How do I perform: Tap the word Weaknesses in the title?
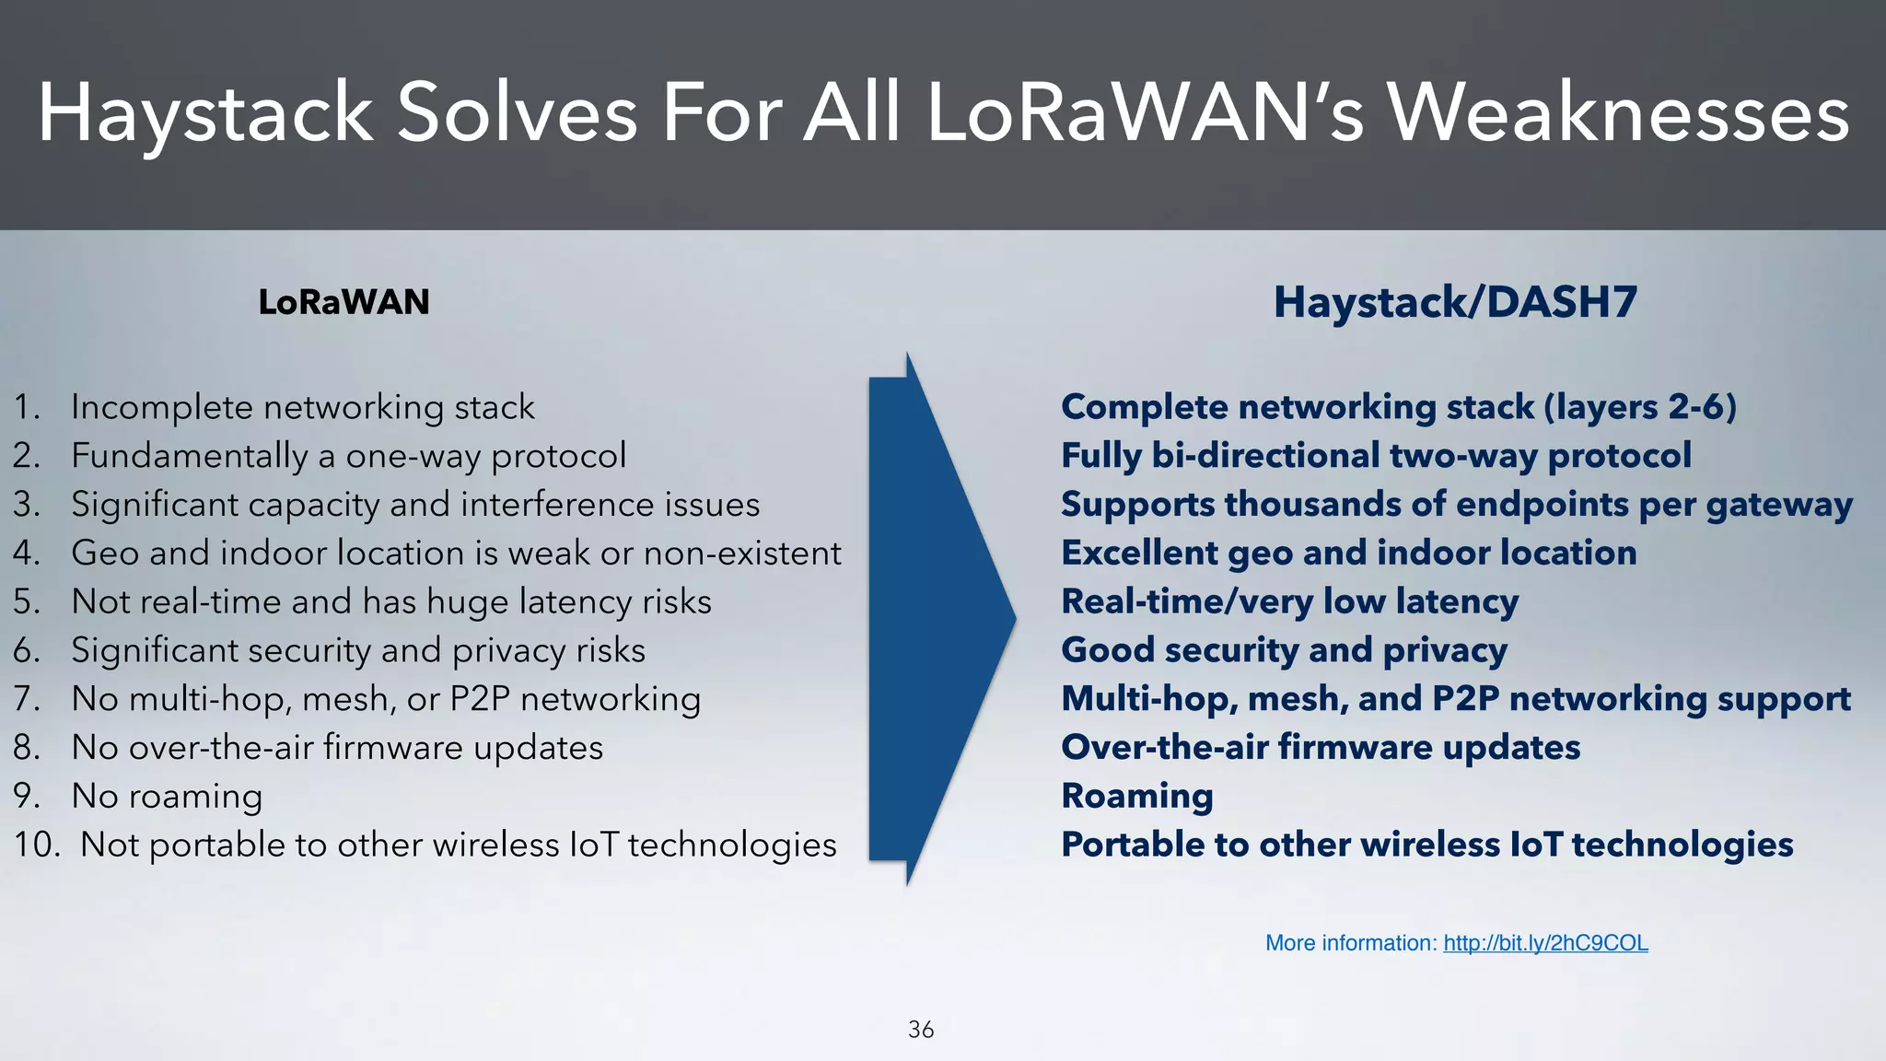tap(1618, 114)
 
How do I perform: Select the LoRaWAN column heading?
tap(343, 302)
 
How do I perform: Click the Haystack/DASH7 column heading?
tap(1455, 302)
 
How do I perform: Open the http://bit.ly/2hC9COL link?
tap(1545, 943)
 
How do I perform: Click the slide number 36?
tap(920, 1030)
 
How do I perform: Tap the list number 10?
tap(36, 845)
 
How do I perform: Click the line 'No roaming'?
tap(167, 797)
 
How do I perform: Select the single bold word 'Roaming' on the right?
tap(1137, 797)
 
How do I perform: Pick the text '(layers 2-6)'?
tap(1640, 407)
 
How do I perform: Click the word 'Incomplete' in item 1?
tap(161, 407)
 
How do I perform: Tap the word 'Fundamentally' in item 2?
tap(189, 456)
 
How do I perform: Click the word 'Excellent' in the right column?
tap(1139, 554)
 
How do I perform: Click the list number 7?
tap(26, 699)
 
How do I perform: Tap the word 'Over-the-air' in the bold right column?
tap(1164, 748)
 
